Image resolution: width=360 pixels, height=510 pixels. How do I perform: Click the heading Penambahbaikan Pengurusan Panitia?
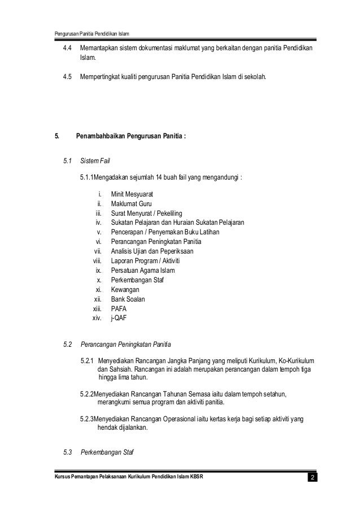(x=130, y=136)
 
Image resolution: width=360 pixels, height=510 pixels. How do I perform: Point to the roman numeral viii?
(x=96, y=261)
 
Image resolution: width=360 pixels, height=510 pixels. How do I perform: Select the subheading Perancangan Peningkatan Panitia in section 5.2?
(x=126, y=344)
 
